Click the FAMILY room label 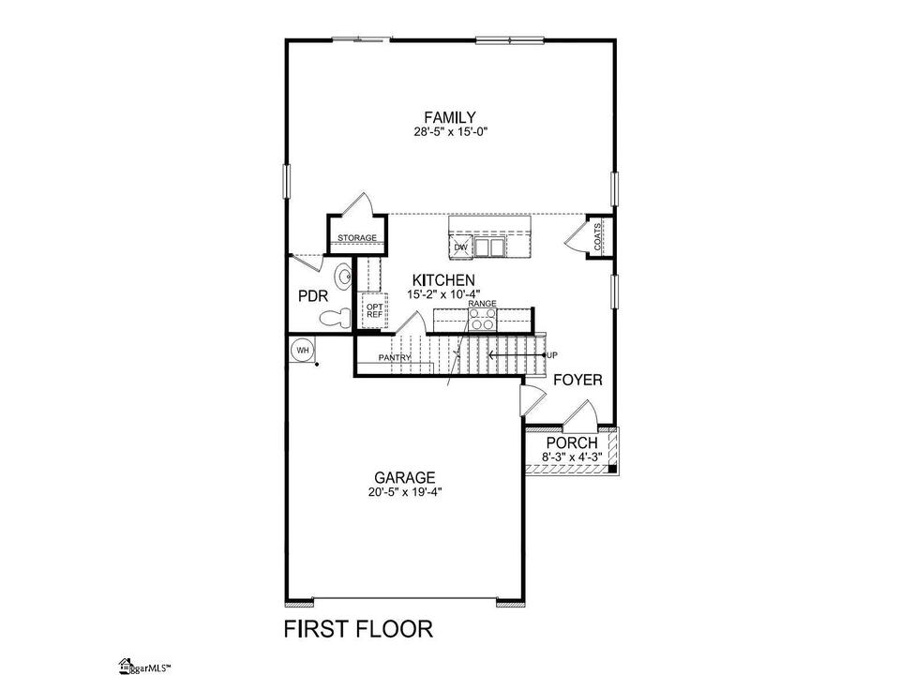(x=449, y=117)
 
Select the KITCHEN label (x=443, y=280)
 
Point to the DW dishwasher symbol (x=461, y=247)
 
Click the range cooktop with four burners (x=482, y=320)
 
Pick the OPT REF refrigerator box (x=374, y=310)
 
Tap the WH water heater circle (x=303, y=350)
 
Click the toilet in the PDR (x=336, y=318)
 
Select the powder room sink (x=344, y=277)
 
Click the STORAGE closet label (x=357, y=237)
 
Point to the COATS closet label (x=598, y=237)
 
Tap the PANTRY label (x=395, y=357)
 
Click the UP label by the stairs (x=551, y=355)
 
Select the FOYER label (x=578, y=380)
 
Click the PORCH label (x=572, y=443)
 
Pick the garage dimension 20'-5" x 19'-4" (x=405, y=492)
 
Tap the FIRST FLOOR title (x=359, y=629)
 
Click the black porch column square (x=612, y=469)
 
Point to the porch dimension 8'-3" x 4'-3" (x=572, y=457)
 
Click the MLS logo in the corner (x=145, y=667)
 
